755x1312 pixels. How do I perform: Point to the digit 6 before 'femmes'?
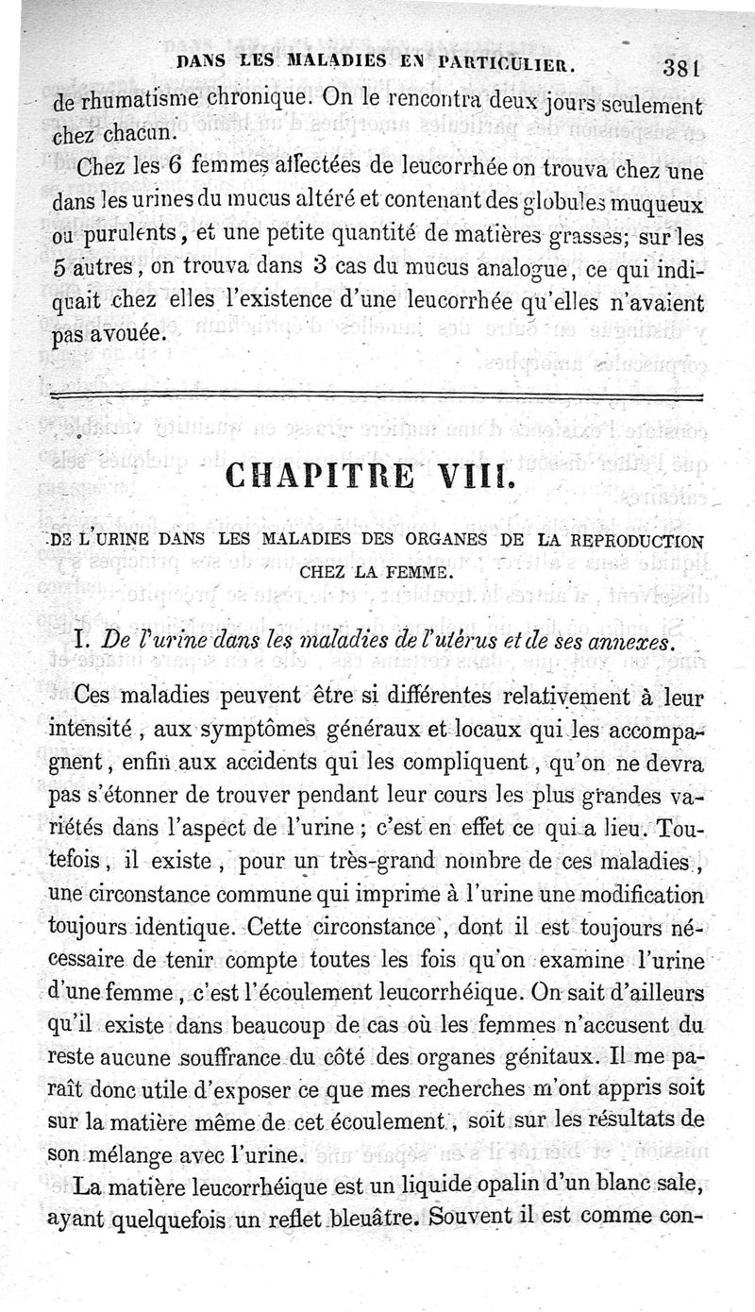pyautogui.click(x=176, y=170)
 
